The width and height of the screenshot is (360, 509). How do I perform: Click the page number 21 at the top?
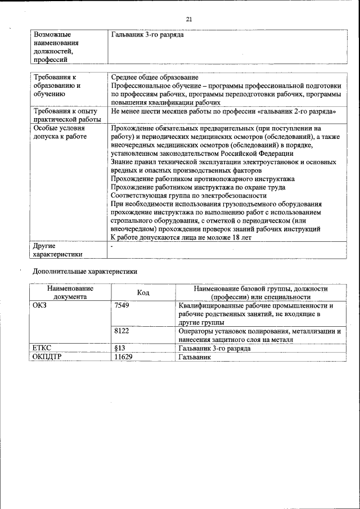189,20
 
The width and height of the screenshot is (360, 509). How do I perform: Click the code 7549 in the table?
121,306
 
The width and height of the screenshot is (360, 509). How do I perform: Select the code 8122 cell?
121,332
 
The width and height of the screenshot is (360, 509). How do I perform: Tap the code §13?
119,348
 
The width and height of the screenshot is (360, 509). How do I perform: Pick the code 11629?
123,357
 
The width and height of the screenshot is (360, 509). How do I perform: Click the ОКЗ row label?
41,306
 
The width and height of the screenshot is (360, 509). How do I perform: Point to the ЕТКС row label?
43,348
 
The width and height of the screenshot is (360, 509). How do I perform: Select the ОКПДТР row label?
48,357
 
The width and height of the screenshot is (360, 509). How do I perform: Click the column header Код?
143,293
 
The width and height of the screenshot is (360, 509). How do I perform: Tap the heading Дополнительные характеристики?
84,271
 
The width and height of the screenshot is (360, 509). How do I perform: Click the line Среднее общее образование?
154,77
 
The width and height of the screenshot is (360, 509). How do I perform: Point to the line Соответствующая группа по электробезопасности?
188,195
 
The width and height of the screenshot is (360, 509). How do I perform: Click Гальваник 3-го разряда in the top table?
147,35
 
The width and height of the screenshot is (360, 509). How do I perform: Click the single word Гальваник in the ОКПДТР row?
194,357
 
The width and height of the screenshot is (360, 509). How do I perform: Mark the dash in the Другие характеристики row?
112,246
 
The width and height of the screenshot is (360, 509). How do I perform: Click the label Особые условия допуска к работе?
59,132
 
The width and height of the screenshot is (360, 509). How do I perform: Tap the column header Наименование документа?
70,293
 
